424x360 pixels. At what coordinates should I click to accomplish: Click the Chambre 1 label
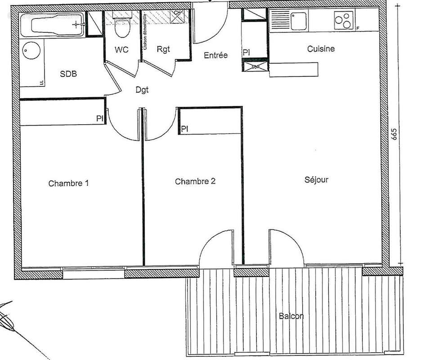click(69, 184)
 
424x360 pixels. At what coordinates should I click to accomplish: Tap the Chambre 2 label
click(195, 182)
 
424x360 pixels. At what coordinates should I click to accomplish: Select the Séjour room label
click(317, 180)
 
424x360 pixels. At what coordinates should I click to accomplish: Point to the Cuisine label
click(321, 49)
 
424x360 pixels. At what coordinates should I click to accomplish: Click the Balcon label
click(291, 316)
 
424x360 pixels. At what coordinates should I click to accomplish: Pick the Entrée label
click(216, 55)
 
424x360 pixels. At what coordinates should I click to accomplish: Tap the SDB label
click(69, 74)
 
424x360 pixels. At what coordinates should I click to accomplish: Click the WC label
click(121, 50)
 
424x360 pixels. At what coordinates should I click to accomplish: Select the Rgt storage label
click(164, 50)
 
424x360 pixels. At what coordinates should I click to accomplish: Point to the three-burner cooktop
click(344, 20)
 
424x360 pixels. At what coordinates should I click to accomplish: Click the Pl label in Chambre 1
click(99, 118)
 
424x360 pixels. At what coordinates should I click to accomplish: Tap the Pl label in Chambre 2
click(184, 129)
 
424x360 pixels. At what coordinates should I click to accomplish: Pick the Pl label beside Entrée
click(246, 53)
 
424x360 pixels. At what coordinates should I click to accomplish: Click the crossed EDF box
click(255, 67)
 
